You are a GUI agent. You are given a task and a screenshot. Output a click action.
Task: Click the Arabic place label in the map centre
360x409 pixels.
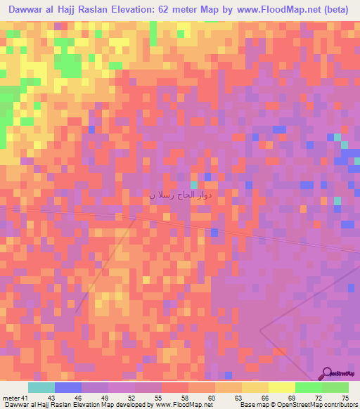181,195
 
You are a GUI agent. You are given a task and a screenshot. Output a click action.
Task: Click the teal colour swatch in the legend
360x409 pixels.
41,387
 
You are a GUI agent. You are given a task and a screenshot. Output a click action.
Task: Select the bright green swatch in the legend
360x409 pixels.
309,387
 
